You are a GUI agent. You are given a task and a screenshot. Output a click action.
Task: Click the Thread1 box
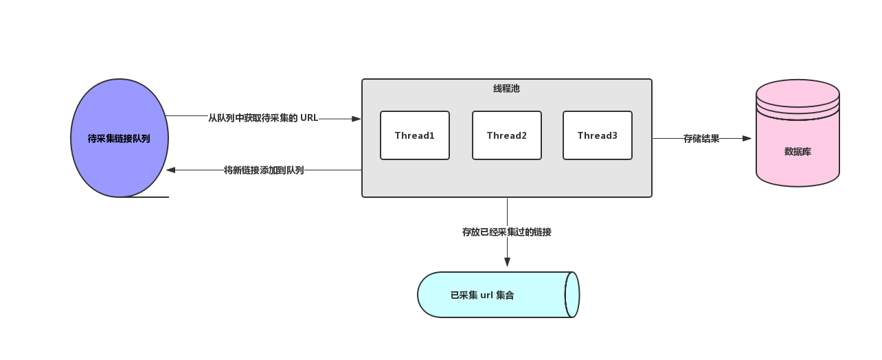point(415,135)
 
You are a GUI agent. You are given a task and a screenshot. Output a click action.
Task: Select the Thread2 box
point(507,135)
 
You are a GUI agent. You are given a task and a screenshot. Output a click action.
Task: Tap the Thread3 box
point(598,135)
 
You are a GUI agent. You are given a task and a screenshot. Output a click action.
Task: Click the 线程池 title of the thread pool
point(507,89)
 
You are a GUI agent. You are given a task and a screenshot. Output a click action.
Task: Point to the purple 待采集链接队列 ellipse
point(120,138)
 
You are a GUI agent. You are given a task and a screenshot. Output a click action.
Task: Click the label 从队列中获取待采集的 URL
point(263,118)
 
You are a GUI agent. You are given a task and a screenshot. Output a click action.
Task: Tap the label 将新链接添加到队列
point(264,170)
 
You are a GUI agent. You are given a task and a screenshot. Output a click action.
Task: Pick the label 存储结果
point(701,138)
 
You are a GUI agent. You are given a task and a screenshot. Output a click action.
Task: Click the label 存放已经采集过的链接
point(507,232)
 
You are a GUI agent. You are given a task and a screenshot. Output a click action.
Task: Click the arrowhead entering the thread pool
point(357,119)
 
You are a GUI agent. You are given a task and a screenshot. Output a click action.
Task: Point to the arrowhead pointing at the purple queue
point(171,170)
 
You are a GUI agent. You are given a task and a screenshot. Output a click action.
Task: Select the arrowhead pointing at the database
point(747,138)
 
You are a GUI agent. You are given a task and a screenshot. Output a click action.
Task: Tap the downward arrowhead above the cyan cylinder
point(507,262)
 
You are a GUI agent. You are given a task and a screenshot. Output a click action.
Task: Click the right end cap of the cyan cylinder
point(572,295)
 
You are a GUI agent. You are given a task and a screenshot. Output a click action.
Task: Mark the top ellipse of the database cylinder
point(798,92)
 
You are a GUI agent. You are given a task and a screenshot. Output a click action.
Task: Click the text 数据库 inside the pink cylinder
point(798,151)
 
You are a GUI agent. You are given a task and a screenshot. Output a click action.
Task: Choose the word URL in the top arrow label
point(309,118)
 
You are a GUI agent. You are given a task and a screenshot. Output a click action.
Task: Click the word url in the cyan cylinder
point(487,295)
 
